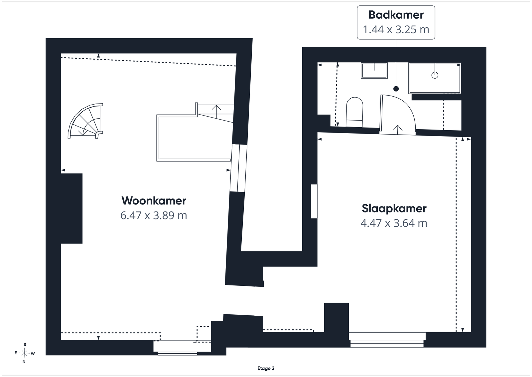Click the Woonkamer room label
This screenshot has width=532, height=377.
coord(154,201)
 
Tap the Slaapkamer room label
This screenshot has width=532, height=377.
coord(394,208)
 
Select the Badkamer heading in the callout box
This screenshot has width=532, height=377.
coord(396,15)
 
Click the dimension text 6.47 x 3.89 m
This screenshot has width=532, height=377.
coord(154,215)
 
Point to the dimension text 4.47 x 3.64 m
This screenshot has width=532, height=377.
coord(394,223)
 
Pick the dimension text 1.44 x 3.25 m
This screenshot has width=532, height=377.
coord(396,30)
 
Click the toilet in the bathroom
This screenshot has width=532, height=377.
coord(354,112)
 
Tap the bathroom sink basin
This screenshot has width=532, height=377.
coord(374,70)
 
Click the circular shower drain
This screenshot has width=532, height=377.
coord(435,75)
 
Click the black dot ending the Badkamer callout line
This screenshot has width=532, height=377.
coord(396,89)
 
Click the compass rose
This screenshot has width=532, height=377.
coord(24,353)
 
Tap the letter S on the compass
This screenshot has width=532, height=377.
coord(25,345)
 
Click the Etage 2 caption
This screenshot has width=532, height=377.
coord(266,368)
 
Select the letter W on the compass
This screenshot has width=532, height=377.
coord(33,353)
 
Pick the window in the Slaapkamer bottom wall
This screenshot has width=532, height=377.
coord(387,340)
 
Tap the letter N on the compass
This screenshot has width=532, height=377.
coord(24,362)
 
